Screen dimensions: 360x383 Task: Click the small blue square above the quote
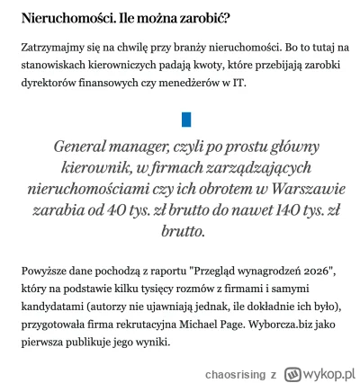pos(186,119)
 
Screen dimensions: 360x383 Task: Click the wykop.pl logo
pos(320,370)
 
